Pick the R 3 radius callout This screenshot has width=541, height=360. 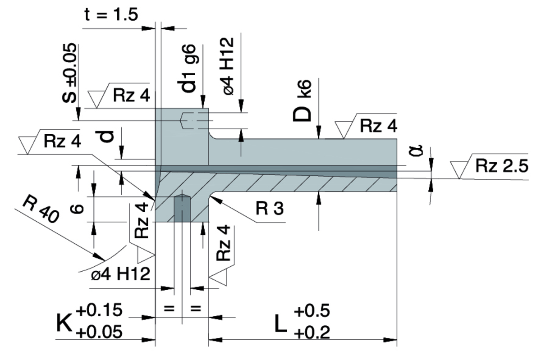pyautogui.click(x=269, y=209)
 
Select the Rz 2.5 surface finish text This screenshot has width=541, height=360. pyautogui.click(x=501, y=167)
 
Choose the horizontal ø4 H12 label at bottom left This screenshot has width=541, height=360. pyautogui.click(x=120, y=274)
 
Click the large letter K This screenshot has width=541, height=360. pyautogui.click(x=64, y=323)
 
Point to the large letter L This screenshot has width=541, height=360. pyautogui.click(x=280, y=324)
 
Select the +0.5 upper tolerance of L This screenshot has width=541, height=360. pyautogui.click(x=312, y=311)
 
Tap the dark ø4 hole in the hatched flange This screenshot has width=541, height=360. pyautogui.click(x=182, y=208)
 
